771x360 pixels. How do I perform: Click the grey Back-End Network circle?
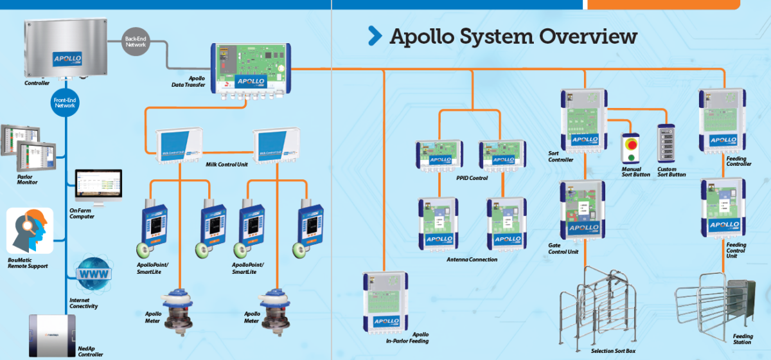pos(135,42)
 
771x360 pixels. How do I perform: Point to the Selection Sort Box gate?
pos(594,309)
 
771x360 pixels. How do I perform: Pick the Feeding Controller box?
pos(723,119)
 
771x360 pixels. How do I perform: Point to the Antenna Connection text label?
pos(472,260)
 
